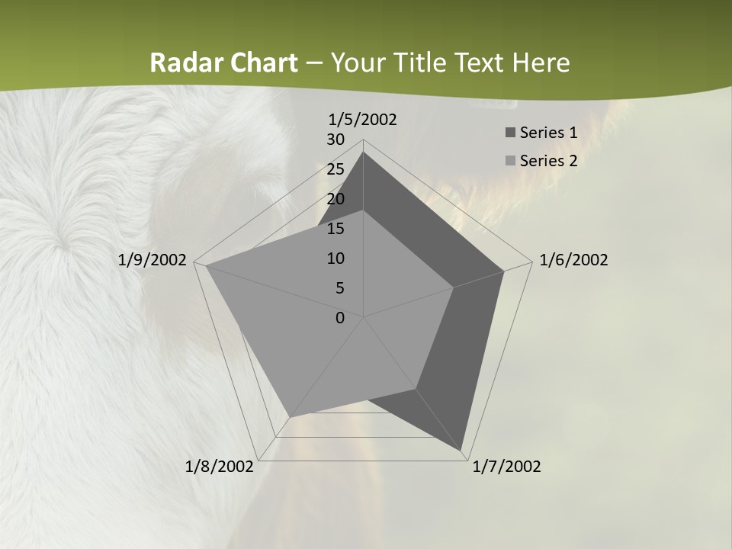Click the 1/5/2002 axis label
362,120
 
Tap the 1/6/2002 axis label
573,261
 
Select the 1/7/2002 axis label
506,467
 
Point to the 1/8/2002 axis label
220,467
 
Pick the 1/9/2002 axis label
152,261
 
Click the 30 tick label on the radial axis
335,140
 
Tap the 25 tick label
335,169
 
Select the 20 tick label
335,199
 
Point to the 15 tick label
335,229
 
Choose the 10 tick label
335,258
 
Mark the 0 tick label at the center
340,318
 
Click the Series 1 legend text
548,133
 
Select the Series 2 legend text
548,161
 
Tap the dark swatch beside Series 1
509,133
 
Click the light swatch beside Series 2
509,161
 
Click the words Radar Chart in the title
223,63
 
